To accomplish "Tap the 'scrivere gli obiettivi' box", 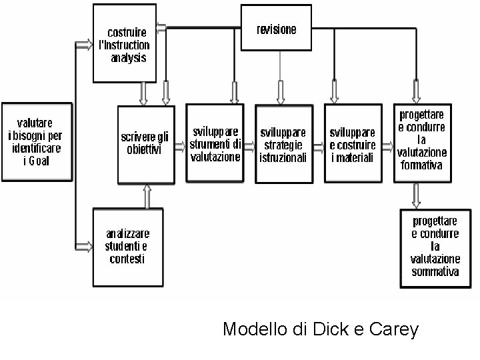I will pos(145,144).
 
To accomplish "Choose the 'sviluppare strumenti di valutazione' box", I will pos(215,143).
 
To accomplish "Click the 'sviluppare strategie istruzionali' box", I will pos(283,144).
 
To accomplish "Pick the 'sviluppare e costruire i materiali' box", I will pos(353,144).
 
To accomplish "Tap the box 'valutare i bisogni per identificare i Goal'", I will pos(36,142).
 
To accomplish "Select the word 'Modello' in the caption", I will pos(251,329).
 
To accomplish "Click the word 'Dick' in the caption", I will pos(330,329).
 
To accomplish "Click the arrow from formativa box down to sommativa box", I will pos(416,195).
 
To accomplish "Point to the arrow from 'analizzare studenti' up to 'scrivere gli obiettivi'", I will pos(147,196).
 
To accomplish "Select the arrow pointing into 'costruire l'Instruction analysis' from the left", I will pos(85,45).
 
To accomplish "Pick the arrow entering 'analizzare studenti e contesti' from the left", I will pos(85,246).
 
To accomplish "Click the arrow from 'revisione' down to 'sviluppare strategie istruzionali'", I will pos(280,92).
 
